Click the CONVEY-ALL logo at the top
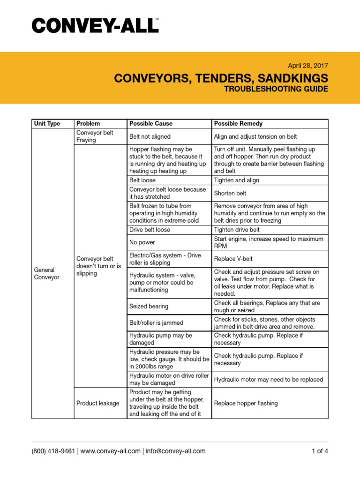point(95,25)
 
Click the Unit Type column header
point(47,124)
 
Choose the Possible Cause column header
point(151,124)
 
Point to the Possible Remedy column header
point(238,124)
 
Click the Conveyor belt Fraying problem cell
point(95,136)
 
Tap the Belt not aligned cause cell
point(150,136)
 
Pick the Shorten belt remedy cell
point(230,193)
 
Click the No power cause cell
point(142,242)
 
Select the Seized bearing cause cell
point(149,306)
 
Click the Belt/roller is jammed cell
point(156,322)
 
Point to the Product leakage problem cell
point(98,403)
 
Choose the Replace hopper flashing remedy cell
point(246,403)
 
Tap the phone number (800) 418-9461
point(53,451)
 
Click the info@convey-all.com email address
point(175,451)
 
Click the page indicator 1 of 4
point(320,451)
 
